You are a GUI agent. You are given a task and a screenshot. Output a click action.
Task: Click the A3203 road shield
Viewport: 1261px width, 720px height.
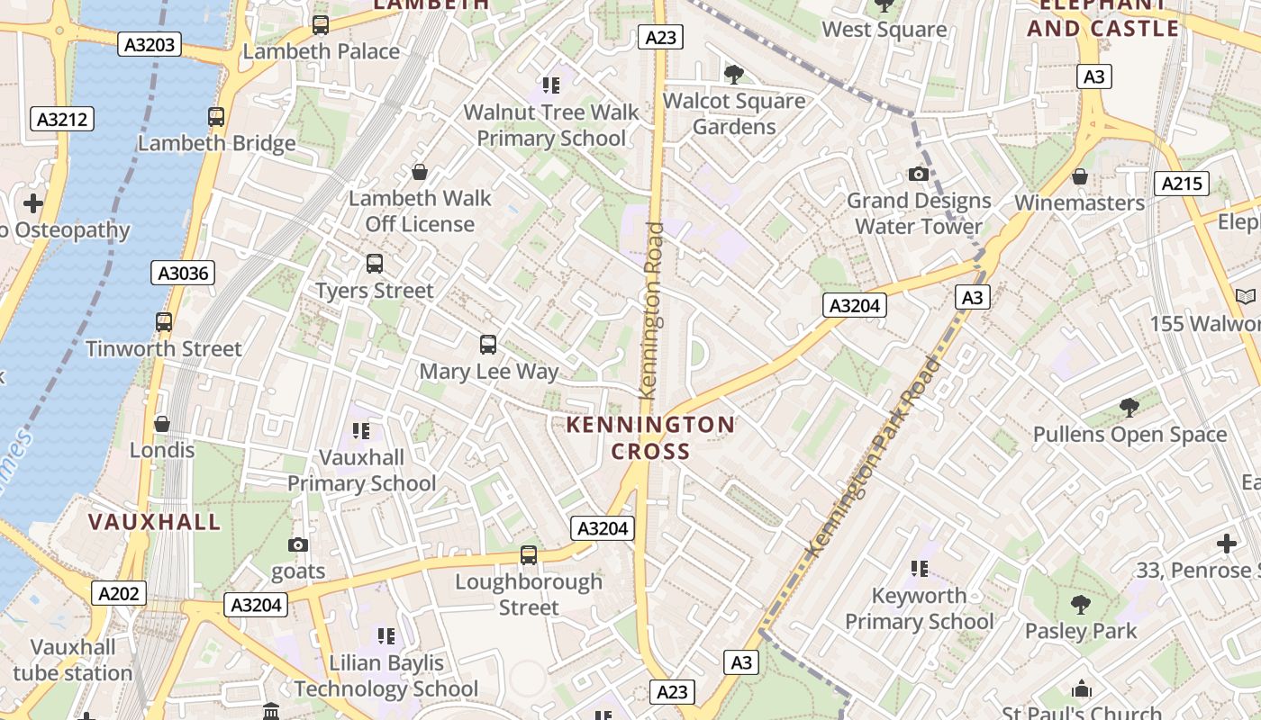click(x=150, y=44)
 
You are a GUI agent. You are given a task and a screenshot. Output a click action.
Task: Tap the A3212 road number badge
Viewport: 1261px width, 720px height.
click(x=62, y=119)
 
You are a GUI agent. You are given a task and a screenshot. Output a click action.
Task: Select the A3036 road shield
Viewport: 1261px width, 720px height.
click(x=183, y=273)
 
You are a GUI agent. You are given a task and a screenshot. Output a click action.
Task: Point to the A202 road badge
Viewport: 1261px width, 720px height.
click(x=119, y=593)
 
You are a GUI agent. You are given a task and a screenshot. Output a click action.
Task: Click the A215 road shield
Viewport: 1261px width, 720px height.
click(x=1181, y=184)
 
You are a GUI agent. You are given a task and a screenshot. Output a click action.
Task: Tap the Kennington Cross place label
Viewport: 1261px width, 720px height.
click(x=650, y=437)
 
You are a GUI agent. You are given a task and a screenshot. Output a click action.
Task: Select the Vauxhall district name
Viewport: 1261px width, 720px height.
click(x=154, y=522)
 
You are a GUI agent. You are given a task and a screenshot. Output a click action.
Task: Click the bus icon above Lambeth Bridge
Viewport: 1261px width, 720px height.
click(x=216, y=116)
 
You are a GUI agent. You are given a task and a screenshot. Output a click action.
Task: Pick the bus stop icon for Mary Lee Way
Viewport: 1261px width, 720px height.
click(x=487, y=344)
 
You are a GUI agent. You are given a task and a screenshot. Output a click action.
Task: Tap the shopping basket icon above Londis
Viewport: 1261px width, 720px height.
click(x=162, y=423)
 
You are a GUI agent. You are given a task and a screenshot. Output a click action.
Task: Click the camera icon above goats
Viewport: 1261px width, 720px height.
click(x=298, y=544)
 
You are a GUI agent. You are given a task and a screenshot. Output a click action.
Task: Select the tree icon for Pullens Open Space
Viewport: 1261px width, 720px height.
click(x=1129, y=408)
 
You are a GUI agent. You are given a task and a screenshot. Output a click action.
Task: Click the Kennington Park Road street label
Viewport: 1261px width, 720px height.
click(x=871, y=457)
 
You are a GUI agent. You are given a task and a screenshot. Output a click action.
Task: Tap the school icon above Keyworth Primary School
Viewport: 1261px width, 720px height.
click(x=919, y=568)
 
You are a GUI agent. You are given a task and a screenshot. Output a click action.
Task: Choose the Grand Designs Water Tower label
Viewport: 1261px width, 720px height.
click(x=918, y=213)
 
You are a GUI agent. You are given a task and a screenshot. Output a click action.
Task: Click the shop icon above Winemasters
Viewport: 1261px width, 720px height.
click(x=1079, y=176)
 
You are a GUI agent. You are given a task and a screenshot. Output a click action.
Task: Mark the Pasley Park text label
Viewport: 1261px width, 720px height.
click(x=1081, y=631)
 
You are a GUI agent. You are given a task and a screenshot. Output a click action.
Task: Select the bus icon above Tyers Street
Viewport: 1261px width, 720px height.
click(x=375, y=264)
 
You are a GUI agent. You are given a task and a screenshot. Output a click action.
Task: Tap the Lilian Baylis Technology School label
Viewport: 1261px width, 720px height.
click(x=386, y=676)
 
